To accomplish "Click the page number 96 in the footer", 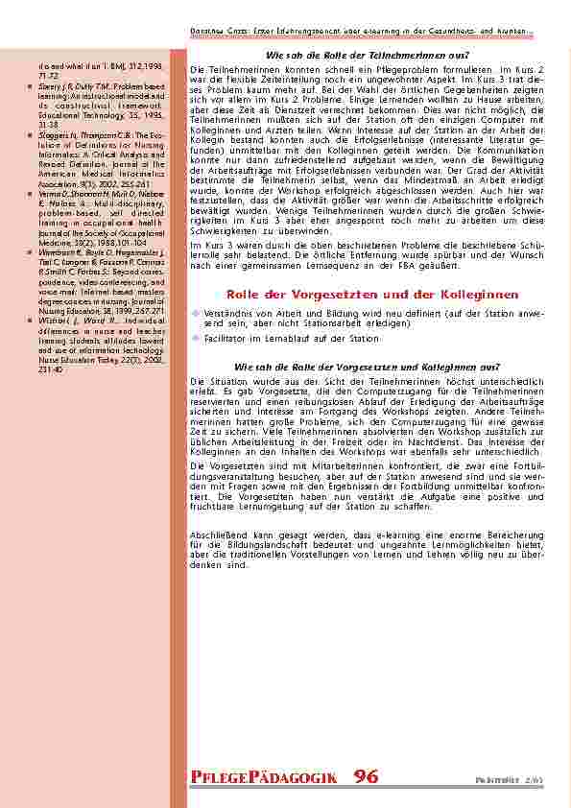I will pyautogui.click(x=366, y=776).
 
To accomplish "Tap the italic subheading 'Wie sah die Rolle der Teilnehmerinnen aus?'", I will pyautogui.click(x=367, y=55).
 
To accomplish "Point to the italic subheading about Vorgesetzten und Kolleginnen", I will pyautogui.click(x=367, y=367).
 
